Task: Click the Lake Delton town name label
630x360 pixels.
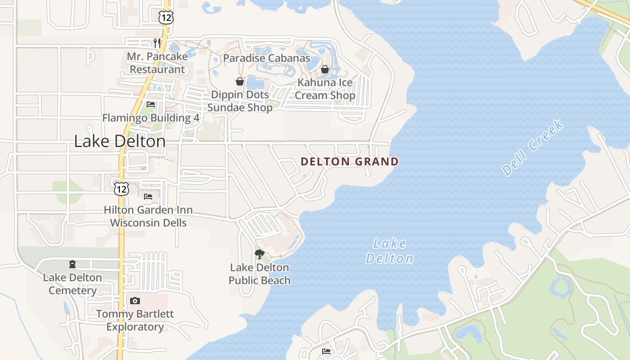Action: pos(120,141)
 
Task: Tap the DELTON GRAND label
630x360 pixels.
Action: pos(349,162)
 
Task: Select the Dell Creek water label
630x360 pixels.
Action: pos(533,148)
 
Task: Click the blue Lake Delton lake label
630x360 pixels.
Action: pos(390,251)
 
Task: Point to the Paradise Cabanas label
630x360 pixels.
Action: pos(266,58)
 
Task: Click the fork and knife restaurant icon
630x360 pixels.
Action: pos(157,43)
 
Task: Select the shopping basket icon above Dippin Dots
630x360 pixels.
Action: pos(240,81)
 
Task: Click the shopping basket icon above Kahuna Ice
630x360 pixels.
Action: pos(324,69)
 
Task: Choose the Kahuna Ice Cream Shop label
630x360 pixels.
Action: pos(324,89)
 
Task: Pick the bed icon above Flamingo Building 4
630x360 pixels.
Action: pos(151,105)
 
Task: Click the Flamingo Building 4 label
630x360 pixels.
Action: pos(150,118)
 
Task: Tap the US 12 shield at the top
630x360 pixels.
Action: pos(166,18)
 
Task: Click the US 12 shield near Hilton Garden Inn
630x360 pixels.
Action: pos(121,189)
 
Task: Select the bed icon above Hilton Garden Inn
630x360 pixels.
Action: pos(148,197)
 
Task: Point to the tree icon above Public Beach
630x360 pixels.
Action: pos(259,254)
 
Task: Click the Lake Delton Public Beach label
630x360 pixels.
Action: pos(259,274)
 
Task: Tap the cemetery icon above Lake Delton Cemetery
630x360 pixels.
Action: pos(72,264)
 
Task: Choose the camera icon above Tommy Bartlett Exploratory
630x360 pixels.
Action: pos(135,301)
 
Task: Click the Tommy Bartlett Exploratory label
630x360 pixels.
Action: pos(135,320)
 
